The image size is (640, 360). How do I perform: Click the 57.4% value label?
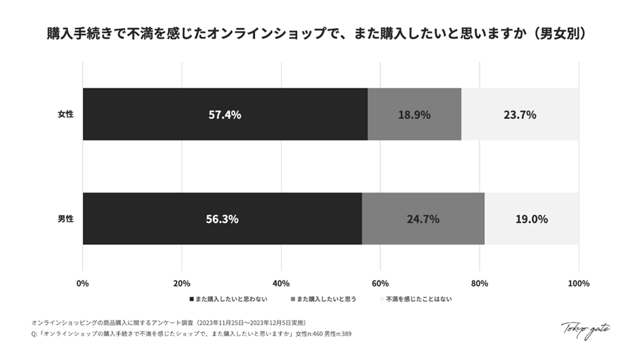click(x=224, y=115)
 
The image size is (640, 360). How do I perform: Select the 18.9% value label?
click(x=414, y=115)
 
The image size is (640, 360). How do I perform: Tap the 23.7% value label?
click(x=520, y=115)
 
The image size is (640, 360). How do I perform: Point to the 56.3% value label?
click(x=222, y=219)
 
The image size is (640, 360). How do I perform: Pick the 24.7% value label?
click(x=422, y=219)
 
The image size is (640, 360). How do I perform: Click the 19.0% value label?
click(x=531, y=219)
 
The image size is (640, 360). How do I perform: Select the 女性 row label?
click(x=65, y=114)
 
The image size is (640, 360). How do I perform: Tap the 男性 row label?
click(x=65, y=219)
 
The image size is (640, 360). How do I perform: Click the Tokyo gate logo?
click(x=585, y=329)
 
